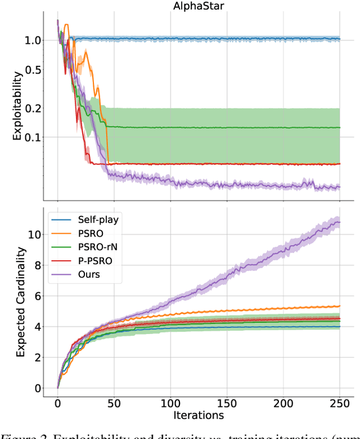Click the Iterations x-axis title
[x=199, y=415]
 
